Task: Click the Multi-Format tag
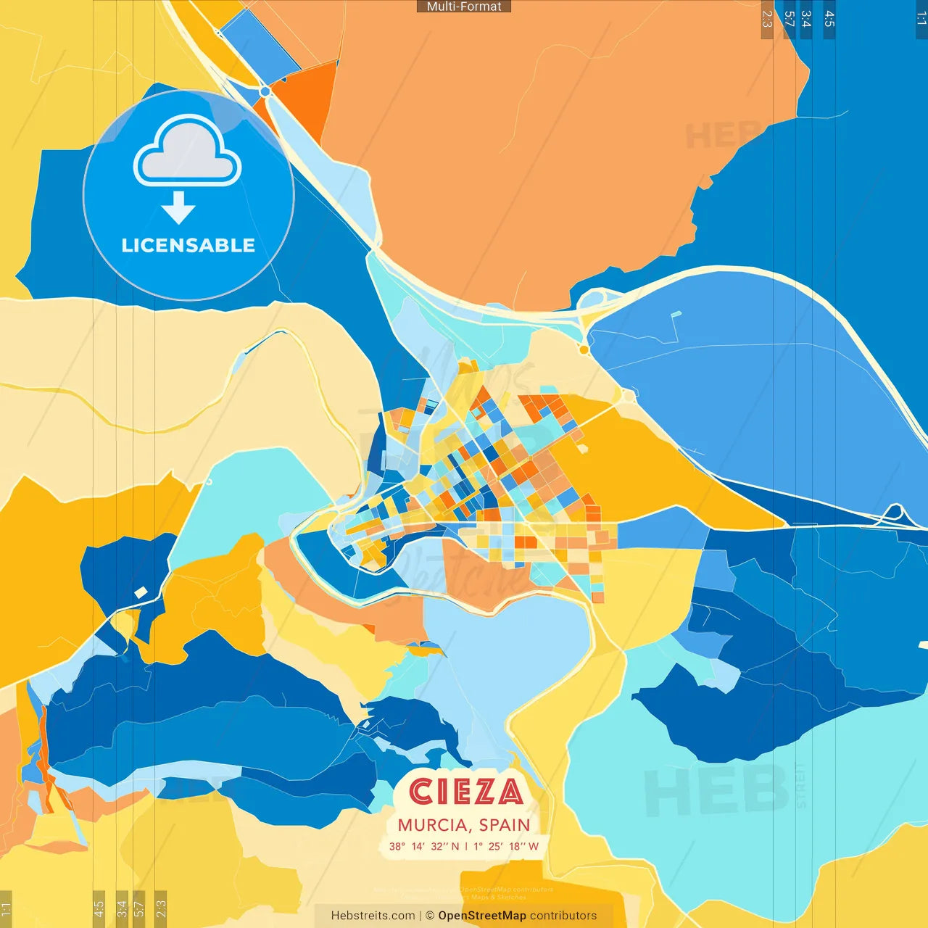(464, 7)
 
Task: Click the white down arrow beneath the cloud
(178, 208)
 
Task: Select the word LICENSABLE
(188, 246)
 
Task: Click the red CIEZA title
(465, 792)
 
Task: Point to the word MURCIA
(432, 825)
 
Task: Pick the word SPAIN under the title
(505, 825)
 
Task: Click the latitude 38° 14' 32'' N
(423, 846)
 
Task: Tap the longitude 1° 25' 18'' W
(506, 846)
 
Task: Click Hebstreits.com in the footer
(373, 916)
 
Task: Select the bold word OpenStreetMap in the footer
(481, 916)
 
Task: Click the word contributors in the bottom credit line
(563, 916)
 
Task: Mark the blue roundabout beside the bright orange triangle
(265, 91)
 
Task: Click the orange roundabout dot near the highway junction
(584, 350)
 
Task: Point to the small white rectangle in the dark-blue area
(141, 592)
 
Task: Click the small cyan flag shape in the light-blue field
(676, 315)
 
